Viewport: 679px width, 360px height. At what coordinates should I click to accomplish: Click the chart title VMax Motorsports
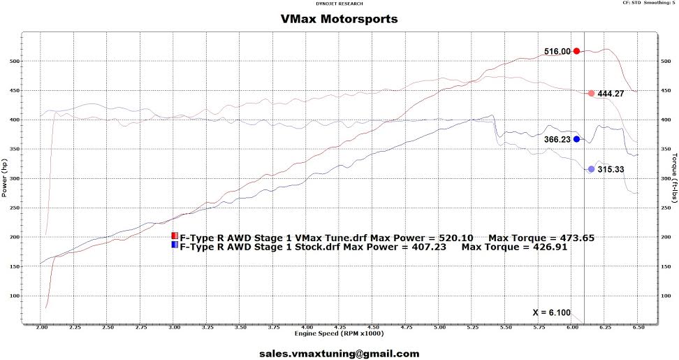click(x=339, y=19)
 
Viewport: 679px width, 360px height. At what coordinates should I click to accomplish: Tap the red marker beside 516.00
click(x=576, y=51)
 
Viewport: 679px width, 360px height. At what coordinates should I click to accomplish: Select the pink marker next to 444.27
click(x=591, y=93)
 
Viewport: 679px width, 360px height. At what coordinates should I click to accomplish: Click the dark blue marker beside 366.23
click(x=576, y=139)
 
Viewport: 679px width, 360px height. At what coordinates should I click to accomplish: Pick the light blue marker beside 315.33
click(x=591, y=169)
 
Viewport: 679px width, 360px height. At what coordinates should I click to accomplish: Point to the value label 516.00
click(x=557, y=52)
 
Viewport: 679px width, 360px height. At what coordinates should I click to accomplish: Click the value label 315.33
click(x=611, y=169)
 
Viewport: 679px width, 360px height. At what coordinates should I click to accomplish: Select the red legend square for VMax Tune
click(x=175, y=236)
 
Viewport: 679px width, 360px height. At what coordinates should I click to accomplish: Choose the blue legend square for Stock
click(x=175, y=245)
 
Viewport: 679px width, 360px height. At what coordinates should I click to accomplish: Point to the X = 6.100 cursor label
click(x=552, y=312)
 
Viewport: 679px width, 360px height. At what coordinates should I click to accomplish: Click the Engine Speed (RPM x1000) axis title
click(x=339, y=333)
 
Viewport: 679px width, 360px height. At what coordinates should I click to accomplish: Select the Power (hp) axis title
click(x=4, y=177)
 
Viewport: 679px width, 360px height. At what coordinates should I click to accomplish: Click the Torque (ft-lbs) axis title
click(x=674, y=177)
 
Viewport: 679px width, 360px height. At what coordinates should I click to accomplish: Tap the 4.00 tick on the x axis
click(x=306, y=328)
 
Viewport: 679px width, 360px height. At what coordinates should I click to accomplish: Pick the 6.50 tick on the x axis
click(x=638, y=328)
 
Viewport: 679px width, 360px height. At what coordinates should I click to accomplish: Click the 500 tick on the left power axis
click(x=15, y=61)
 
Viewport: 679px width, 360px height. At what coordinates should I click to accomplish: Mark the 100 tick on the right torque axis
click(x=666, y=296)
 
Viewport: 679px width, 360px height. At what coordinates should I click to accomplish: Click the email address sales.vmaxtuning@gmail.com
click(x=339, y=354)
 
